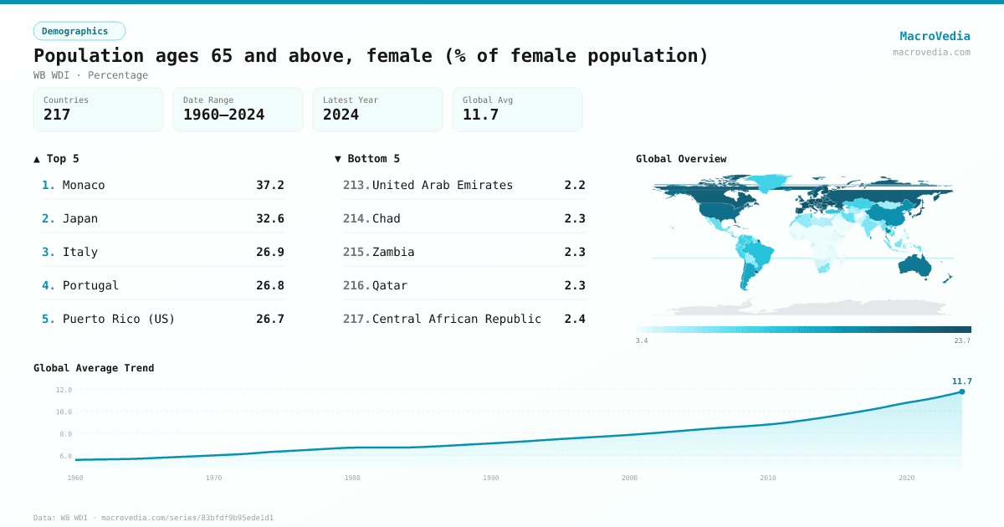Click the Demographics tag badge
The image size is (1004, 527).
click(x=79, y=31)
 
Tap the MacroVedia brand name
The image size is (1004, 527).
click(x=935, y=36)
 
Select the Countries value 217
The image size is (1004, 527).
click(x=57, y=115)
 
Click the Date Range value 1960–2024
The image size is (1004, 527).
click(x=223, y=115)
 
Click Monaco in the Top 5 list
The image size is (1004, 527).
click(x=84, y=185)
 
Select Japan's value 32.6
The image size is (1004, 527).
click(x=269, y=218)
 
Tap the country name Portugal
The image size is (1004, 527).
click(x=90, y=285)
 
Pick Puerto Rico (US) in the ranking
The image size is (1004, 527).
click(x=119, y=319)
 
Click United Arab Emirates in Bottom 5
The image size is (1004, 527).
click(x=442, y=185)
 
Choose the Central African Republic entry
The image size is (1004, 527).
click(x=456, y=319)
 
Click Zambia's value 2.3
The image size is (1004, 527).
click(x=574, y=252)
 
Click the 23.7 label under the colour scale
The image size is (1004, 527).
click(x=961, y=340)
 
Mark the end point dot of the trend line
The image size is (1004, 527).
click(x=961, y=391)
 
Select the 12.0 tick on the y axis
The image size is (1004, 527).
click(x=64, y=390)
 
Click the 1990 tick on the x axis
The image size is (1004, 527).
click(x=490, y=478)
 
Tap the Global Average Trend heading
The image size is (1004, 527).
click(x=94, y=368)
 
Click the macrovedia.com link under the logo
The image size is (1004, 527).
click(x=931, y=52)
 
